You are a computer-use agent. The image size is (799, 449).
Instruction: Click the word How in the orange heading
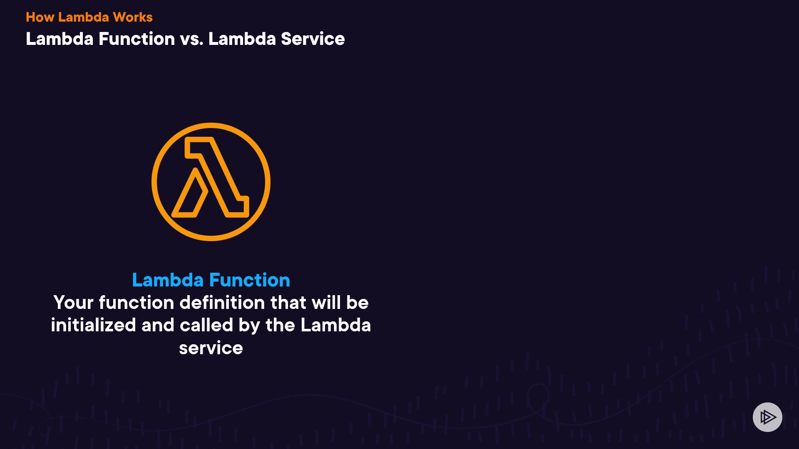pos(40,17)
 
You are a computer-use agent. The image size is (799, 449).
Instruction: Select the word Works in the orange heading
pos(133,17)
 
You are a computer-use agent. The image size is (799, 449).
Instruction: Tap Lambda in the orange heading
pos(84,17)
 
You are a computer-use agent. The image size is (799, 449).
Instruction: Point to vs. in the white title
pos(191,39)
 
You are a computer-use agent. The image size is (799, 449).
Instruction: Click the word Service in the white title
pos(313,39)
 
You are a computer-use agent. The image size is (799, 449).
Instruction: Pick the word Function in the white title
pos(137,39)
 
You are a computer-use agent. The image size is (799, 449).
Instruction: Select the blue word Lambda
pos(168,280)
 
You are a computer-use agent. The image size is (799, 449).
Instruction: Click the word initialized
pos(93,325)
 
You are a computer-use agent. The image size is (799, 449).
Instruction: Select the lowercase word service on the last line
pos(211,348)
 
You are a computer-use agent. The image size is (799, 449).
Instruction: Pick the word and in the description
pos(158,325)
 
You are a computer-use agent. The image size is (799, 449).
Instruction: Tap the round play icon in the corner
pos(767,417)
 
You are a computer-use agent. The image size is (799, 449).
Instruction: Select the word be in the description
pos(357,302)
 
